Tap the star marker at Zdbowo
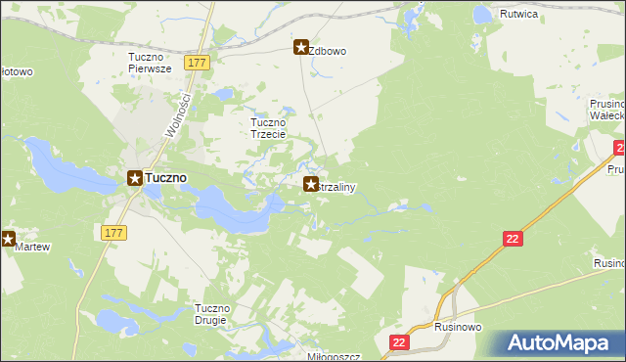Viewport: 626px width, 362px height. coord(302,45)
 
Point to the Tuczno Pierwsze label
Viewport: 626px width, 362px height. coord(150,63)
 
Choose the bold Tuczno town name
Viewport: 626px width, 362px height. coord(167,178)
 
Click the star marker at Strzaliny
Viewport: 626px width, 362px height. coord(311,184)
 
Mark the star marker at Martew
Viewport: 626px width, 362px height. coord(8,238)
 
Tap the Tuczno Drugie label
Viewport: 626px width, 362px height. coord(211,314)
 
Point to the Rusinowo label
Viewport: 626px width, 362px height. coord(458,328)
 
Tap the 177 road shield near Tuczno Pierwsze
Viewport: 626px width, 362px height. coord(198,63)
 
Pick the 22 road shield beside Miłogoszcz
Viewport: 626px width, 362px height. coord(399,341)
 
